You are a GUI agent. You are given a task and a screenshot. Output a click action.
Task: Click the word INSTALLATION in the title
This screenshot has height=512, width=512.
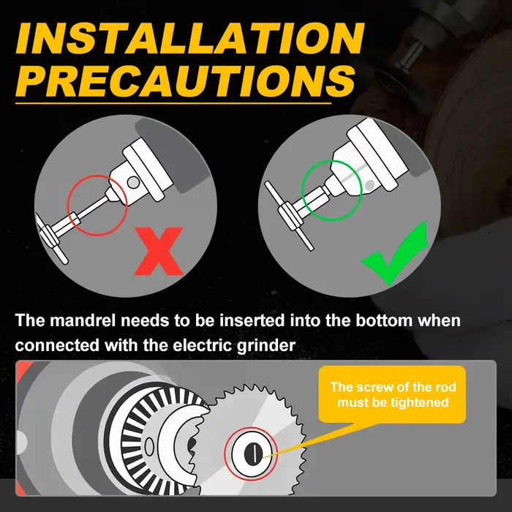click(190, 39)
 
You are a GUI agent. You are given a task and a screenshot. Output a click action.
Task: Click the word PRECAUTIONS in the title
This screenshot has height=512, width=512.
click(185, 80)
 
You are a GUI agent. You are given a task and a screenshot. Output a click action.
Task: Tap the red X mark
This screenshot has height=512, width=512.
click(159, 251)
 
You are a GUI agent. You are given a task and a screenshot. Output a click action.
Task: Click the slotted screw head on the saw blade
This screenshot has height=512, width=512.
click(253, 453)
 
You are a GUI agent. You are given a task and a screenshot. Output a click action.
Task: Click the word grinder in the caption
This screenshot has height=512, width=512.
click(266, 346)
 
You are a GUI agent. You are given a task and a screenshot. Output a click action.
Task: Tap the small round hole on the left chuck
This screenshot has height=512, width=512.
click(133, 182)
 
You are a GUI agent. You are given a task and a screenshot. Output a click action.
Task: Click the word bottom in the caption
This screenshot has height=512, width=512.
click(384, 320)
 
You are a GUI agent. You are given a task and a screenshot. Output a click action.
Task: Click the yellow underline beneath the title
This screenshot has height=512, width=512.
click(173, 104)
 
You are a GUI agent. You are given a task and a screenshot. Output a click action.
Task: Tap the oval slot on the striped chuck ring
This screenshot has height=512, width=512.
click(149, 446)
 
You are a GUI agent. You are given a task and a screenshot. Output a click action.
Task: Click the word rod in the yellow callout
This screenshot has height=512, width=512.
click(445, 387)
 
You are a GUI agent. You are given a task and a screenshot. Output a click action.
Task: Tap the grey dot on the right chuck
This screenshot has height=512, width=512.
click(369, 186)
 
